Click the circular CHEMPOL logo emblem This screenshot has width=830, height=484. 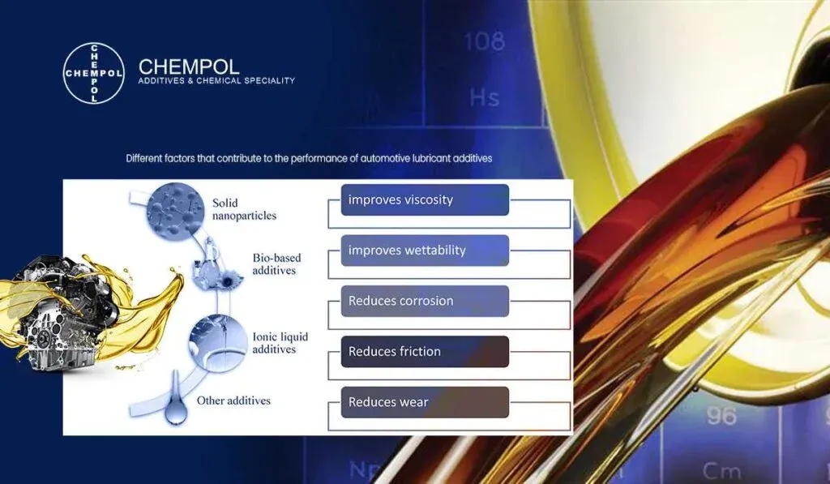[94, 73]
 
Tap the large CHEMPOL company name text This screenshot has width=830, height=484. [188, 66]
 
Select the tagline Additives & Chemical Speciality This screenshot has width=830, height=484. [216, 80]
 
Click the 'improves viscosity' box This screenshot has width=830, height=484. [425, 199]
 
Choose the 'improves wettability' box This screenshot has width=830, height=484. [425, 251]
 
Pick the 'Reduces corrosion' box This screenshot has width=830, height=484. [425, 301]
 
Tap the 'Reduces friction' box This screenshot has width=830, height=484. [425, 352]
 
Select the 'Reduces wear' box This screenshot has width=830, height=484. [425, 402]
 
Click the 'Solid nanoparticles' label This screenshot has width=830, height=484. [244, 209]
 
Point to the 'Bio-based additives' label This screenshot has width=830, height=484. [276, 263]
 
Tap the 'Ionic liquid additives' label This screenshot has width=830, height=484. [280, 343]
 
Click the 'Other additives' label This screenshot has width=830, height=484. [233, 400]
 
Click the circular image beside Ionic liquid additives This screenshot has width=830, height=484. [218, 343]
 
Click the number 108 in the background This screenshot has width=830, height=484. [485, 42]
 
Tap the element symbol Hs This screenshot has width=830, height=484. [485, 97]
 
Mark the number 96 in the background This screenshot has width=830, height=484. [721, 416]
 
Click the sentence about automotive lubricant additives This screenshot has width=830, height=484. [309, 158]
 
